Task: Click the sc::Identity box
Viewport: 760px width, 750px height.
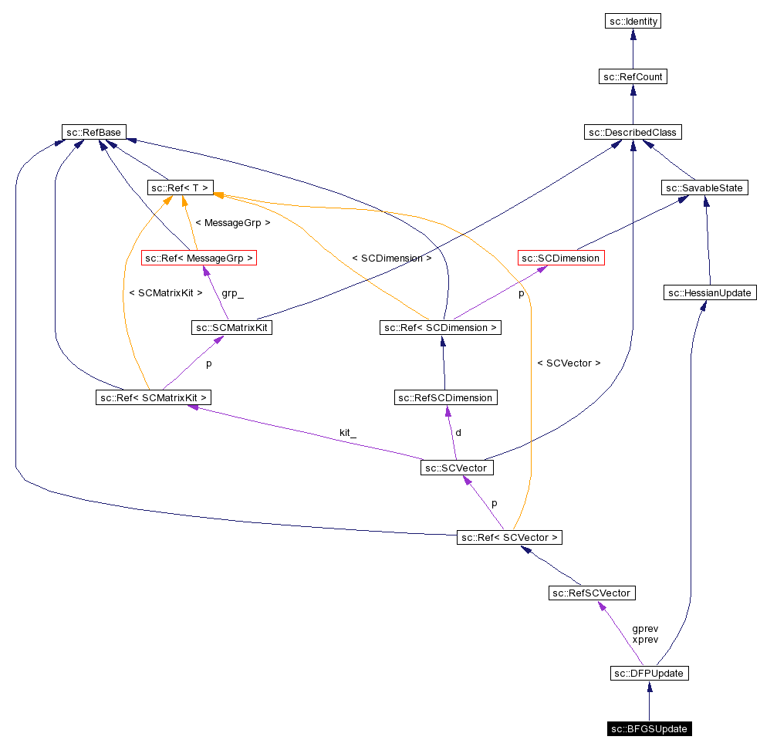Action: point(633,21)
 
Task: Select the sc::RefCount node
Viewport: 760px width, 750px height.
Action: point(633,76)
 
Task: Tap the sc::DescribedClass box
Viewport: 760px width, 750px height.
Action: point(633,132)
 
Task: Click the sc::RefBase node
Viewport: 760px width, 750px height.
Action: point(95,132)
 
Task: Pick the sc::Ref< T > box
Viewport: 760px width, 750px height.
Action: point(180,187)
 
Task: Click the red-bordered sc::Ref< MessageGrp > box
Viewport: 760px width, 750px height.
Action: point(199,258)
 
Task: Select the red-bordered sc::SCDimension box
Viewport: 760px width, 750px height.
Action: point(560,258)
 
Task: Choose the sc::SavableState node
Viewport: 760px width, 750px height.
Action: point(705,187)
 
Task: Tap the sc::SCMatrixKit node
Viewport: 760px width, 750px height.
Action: point(232,327)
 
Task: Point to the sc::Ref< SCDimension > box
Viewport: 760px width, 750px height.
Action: point(441,327)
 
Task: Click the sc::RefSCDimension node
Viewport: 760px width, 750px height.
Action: point(445,397)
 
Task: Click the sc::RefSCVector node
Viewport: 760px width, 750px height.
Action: point(592,593)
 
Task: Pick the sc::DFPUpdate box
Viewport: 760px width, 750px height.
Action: point(649,673)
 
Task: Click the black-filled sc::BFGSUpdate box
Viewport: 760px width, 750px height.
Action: point(649,728)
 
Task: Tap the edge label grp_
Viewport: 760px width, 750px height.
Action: point(232,293)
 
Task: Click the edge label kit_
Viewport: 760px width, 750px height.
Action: point(348,433)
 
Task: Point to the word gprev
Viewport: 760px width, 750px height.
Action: point(645,628)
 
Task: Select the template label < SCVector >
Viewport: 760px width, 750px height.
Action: point(569,363)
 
